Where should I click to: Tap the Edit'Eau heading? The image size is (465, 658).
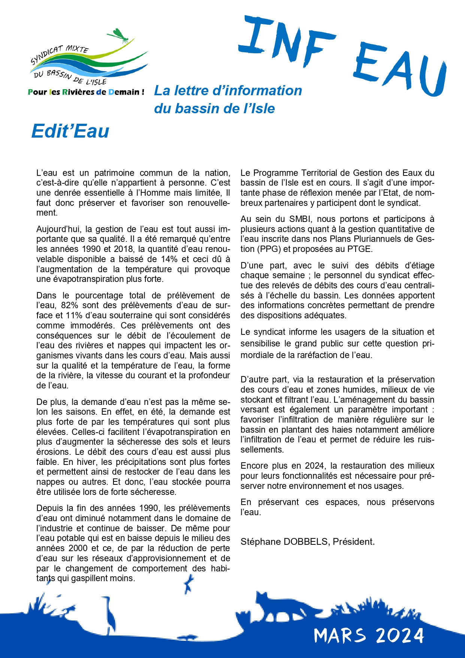70,131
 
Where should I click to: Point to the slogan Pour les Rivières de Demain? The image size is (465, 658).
86,92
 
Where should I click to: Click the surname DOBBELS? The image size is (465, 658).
307,542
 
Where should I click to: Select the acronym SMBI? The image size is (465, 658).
299,219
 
